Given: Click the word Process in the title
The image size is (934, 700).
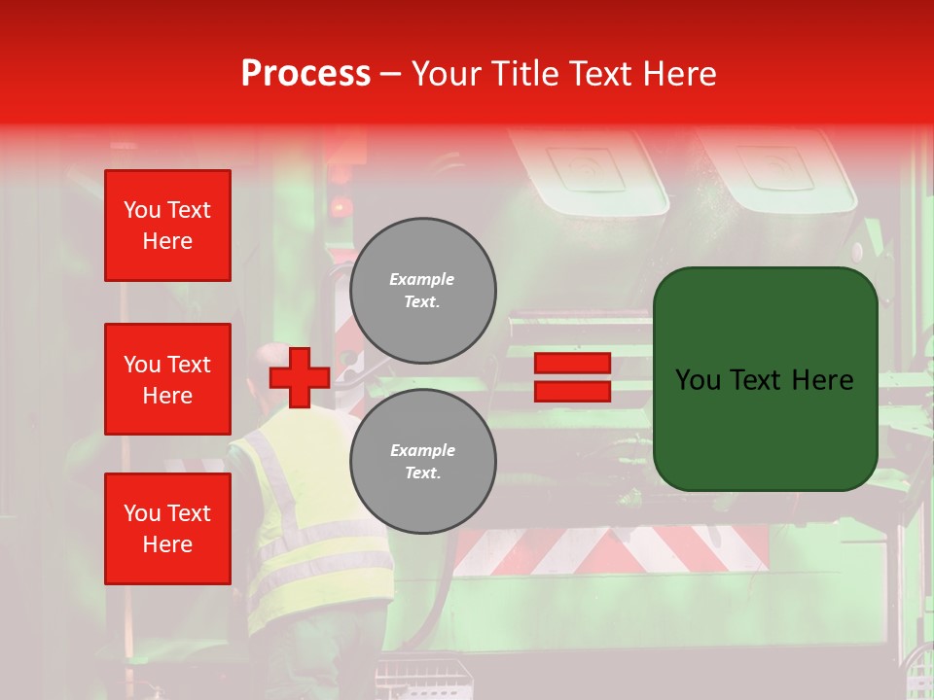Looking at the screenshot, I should click(x=305, y=73).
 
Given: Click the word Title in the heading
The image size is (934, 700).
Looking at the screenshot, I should click(x=525, y=73).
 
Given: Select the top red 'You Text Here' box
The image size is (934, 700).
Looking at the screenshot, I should click(x=167, y=226).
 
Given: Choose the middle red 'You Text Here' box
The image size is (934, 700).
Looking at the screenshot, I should click(x=167, y=379).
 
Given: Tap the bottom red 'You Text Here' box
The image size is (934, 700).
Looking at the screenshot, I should click(x=167, y=529).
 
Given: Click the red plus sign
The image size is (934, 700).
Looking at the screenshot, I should click(x=300, y=377).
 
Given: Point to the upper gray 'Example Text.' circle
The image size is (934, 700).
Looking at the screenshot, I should click(x=423, y=290).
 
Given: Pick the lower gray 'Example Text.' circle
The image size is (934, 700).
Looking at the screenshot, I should click(x=423, y=461).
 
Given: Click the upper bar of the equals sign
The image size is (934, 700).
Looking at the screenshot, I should click(x=572, y=363).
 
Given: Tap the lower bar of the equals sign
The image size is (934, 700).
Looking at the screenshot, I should click(x=572, y=392).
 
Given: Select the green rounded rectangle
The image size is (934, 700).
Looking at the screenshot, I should click(x=765, y=378).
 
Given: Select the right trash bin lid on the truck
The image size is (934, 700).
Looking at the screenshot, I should click(x=778, y=170).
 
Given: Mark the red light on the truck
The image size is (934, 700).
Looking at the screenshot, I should click(x=341, y=206).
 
